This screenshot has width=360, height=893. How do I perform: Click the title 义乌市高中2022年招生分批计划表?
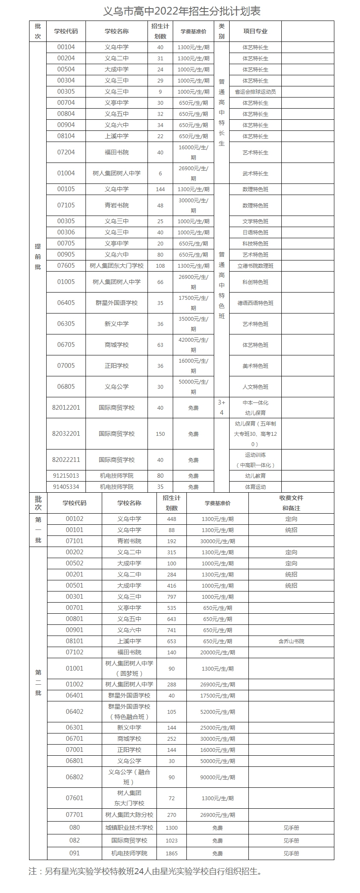pos(182,10)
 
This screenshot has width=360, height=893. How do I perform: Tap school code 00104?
pos(66,47)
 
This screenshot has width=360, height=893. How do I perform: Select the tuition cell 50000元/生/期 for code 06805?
pos(193,387)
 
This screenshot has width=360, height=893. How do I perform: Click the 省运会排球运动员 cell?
pos(255,92)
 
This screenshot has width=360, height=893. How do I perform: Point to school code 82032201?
pos(66,434)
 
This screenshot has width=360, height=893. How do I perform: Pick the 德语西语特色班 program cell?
pos(255,303)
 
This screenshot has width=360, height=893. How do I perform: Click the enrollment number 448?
pos(171,519)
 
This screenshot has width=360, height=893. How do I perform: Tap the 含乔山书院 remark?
pos(291,641)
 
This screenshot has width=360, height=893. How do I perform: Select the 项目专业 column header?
pos(255,31)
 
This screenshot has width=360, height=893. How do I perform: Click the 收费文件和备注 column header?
pos(291,503)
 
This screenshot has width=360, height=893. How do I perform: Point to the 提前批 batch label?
pos(38,257)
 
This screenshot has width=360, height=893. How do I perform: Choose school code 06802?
pos(74,777)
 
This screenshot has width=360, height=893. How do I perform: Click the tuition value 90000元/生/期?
pos(218,777)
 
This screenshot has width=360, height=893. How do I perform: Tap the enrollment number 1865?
pos(171,853)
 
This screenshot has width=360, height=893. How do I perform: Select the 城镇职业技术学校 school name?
pos(129,828)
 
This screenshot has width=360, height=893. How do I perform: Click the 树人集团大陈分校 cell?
pos(129,815)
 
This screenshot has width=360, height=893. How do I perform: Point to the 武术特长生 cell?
pos(255,173)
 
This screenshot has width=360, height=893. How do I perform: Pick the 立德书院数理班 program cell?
pos(255,266)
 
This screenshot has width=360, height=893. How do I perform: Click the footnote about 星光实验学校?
pos(145,871)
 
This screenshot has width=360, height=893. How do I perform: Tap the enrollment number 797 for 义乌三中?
pos(171,597)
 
